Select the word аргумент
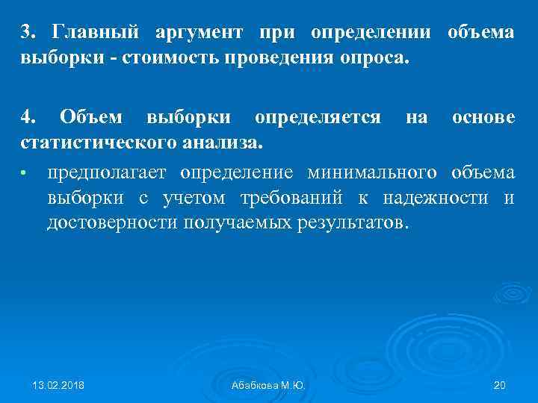point(200,34)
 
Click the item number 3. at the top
point(28,34)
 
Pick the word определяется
point(318,117)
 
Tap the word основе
point(482,117)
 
